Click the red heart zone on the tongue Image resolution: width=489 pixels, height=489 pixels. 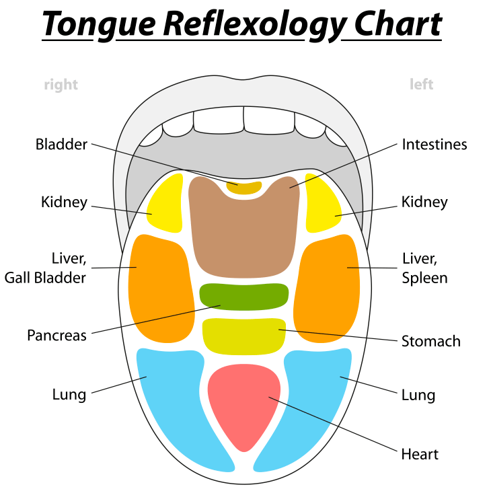click(x=243, y=404)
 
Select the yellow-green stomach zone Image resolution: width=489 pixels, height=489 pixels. click(x=244, y=335)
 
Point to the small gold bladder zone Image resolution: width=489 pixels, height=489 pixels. click(x=243, y=188)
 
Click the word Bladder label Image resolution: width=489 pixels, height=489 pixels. click(x=61, y=144)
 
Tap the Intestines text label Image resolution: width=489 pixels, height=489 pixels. click(x=435, y=144)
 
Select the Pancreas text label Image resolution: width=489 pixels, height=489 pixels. click(x=57, y=335)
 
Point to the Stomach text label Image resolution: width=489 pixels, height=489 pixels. click(x=431, y=341)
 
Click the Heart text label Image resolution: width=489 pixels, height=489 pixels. click(x=420, y=454)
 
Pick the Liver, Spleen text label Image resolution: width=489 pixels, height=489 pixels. click(x=424, y=268)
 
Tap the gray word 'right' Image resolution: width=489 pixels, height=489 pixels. click(x=61, y=85)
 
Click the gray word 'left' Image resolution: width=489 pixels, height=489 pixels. click(x=422, y=85)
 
